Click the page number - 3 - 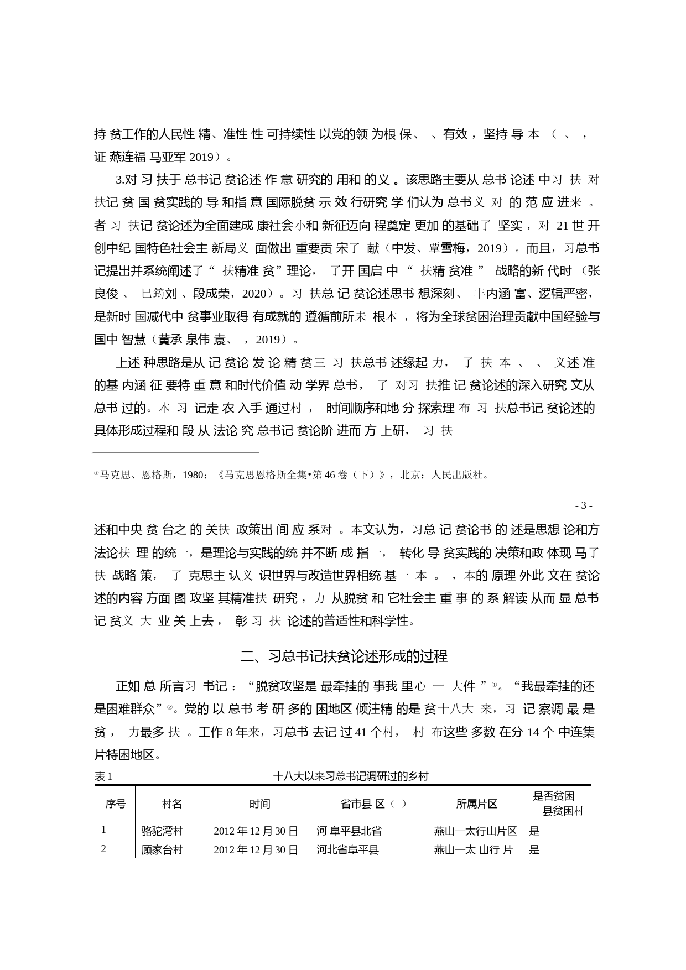coord(584,505)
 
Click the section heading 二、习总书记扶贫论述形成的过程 coord(344,656)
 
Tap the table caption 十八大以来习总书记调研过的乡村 coord(351,776)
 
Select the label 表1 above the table coord(103,776)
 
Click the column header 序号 coord(115,804)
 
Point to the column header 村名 coord(171,804)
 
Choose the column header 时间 coord(259,804)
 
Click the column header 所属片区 coord(476,804)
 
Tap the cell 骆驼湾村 coord(162,831)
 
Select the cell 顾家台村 coord(162,850)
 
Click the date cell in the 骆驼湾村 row coord(256,831)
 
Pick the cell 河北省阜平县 coord(348,850)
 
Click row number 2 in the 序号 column coord(103,849)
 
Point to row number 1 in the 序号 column coord(103,830)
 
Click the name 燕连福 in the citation coord(128,157)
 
